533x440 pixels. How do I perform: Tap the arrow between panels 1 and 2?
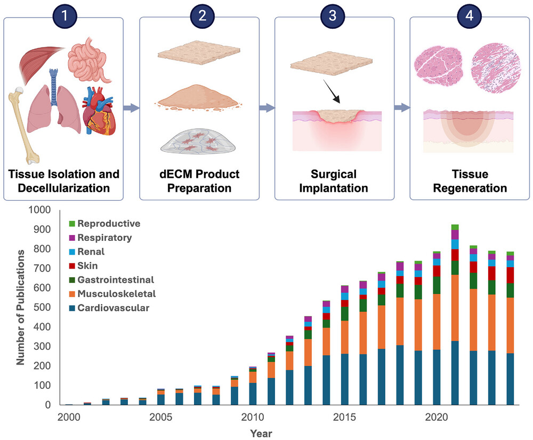point(131,108)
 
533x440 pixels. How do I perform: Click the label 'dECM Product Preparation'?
point(199,182)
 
